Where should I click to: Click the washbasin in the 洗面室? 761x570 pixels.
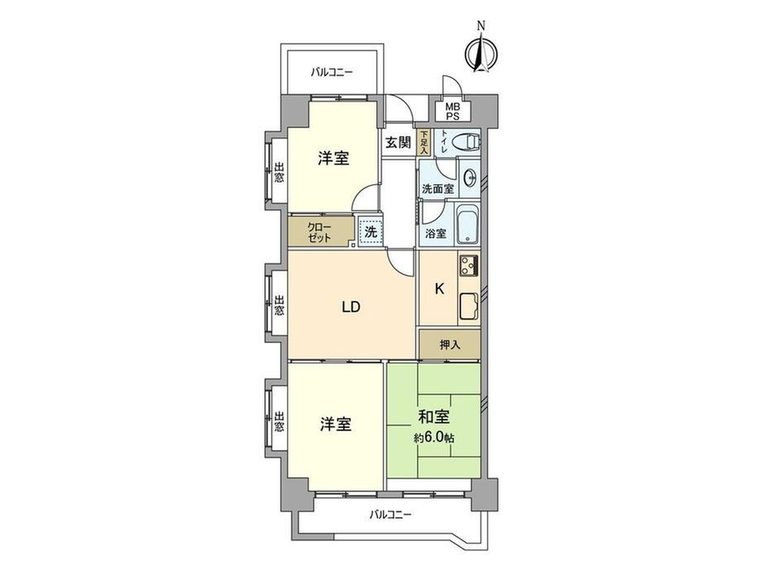(470, 177)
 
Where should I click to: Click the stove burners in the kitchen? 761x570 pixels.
(468, 267)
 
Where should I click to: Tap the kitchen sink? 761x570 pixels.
(468, 307)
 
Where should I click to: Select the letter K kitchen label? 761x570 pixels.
(439, 289)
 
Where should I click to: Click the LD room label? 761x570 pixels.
(352, 307)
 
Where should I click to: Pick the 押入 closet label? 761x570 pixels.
(449, 344)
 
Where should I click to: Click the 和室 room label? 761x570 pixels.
(433, 417)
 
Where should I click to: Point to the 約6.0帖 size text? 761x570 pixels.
(433, 437)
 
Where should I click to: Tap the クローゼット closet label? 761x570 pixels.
(319, 232)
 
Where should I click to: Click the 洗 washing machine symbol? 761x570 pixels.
(370, 232)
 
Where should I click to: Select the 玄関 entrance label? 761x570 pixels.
(398, 142)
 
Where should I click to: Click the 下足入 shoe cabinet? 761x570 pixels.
(424, 142)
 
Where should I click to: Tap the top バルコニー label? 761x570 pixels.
(332, 73)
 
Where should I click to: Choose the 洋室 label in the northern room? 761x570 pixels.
(334, 159)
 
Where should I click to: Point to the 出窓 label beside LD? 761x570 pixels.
(280, 306)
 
